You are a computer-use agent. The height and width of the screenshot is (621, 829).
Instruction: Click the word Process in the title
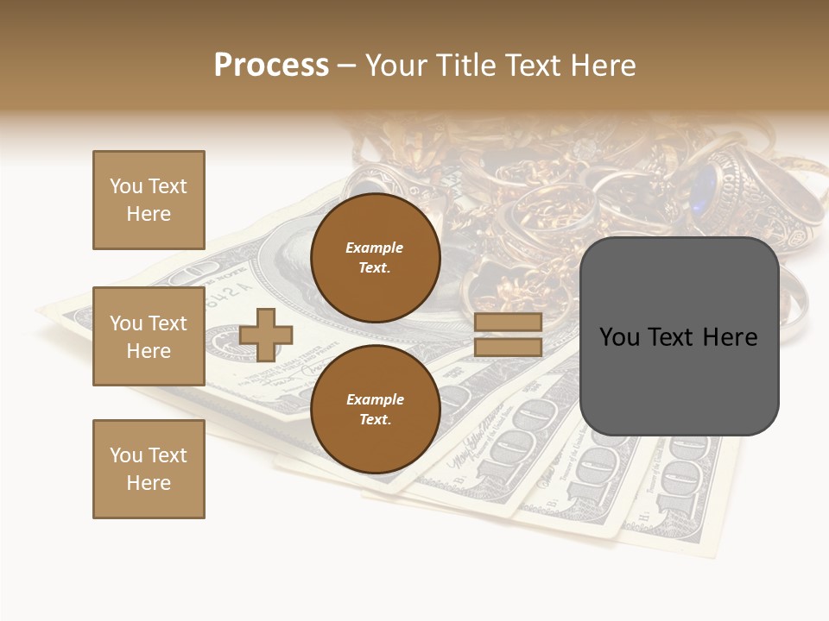(271, 66)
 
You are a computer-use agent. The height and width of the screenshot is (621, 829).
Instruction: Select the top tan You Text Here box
(149, 200)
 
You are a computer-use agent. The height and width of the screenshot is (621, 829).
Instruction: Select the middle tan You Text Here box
(149, 336)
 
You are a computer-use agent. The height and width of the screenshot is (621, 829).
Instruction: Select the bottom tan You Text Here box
(149, 469)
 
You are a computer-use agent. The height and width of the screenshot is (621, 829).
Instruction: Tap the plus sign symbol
(266, 335)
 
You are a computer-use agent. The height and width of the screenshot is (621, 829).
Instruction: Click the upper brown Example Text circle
(375, 257)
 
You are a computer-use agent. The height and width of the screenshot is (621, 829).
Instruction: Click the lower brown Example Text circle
(375, 409)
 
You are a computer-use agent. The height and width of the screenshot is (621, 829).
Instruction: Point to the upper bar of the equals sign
(508, 323)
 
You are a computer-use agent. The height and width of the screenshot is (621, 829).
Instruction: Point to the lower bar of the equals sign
(508, 348)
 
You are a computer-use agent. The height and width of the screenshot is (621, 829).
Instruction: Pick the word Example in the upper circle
(375, 248)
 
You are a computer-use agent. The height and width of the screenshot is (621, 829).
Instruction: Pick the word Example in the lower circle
(375, 399)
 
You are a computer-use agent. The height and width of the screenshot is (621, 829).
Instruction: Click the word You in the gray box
(618, 337)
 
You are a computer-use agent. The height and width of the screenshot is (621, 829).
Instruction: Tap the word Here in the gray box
(731, 337)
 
